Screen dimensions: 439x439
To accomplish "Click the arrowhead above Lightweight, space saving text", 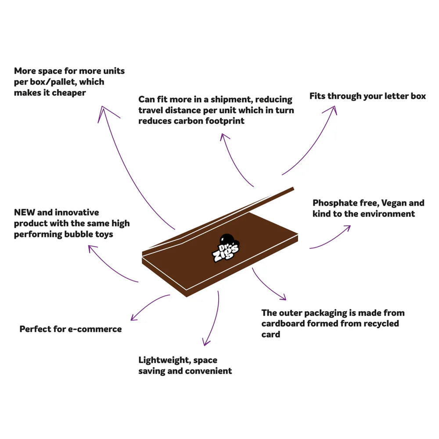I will coord(205,343).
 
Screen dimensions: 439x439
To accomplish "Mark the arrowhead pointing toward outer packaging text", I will coord(283,298).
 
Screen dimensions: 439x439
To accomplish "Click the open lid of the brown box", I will coord(219,219).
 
